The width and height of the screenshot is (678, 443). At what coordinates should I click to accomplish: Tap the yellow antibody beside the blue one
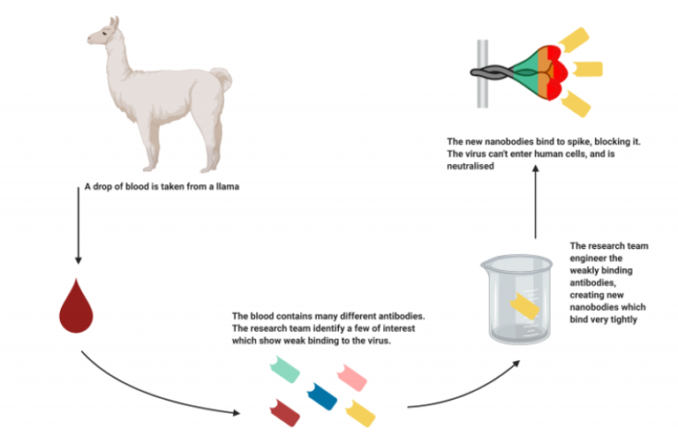click(x=359, y=412)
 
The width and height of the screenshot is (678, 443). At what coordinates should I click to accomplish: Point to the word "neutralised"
click(x=465, y=166)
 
